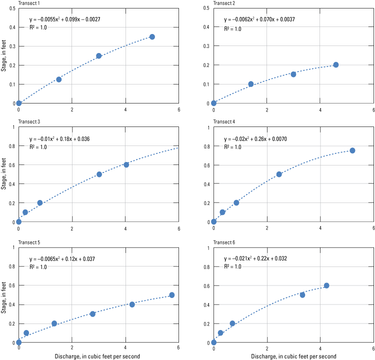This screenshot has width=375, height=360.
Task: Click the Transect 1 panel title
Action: click(29, 3)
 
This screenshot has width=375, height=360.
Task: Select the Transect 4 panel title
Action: click(224, 121)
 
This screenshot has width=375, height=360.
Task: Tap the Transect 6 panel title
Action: click(224, 242)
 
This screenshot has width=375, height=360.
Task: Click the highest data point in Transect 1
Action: click(152, 37)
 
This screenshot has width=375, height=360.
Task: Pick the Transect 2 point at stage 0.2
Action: click(336, 65)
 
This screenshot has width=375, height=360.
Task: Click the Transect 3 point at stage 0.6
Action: click(126, 165)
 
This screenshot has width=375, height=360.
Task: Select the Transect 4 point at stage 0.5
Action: click(279, 174)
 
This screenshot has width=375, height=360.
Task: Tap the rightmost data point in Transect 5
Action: click(171, 295)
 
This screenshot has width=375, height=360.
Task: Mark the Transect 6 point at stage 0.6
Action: click(326, 285)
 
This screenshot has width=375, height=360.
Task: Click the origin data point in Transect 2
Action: click(214, 103)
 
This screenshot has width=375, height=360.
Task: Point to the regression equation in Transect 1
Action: click(65, 19)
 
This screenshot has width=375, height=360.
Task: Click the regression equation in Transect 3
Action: click(59, 139)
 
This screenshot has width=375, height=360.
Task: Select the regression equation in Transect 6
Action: click(255, 258)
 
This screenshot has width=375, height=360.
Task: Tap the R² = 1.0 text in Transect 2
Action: click(232, 29)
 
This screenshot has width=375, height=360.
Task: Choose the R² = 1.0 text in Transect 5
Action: click(38, 267)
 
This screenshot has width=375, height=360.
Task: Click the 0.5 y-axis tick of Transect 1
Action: click(12, 8)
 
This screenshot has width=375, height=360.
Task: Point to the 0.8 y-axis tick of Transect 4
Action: click(207, 146)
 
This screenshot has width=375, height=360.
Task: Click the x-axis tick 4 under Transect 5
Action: click(125, 347)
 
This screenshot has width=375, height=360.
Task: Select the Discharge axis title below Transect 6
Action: click(293, 356)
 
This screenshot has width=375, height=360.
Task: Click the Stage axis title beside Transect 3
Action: click(3, 174)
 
